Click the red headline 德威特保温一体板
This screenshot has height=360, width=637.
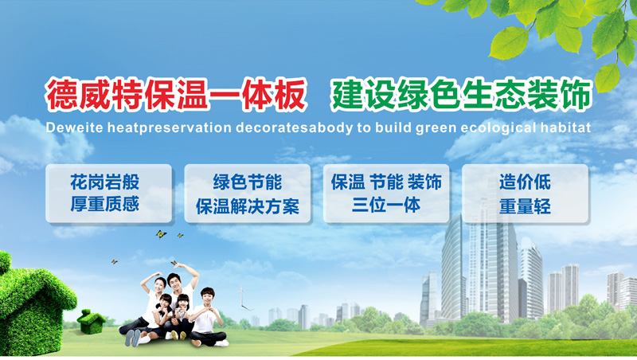pos(176,95)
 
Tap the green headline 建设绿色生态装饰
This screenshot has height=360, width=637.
pos(461,95)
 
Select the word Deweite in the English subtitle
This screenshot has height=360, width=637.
pos(74,127)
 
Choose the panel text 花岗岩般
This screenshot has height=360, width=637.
pos(105,182)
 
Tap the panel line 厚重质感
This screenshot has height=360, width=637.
pos(105,204)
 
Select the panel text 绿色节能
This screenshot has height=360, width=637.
pos(248,182)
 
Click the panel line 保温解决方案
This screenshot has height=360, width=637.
pos(248,206)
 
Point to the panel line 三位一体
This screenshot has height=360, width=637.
pos(386,205)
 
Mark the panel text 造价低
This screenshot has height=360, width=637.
pos(525,182)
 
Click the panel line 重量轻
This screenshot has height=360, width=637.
pos(525,206)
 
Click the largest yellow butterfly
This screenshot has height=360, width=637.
pos(161,234)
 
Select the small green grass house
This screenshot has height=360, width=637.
pos(91,322)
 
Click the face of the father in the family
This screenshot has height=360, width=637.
pos(174,283)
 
